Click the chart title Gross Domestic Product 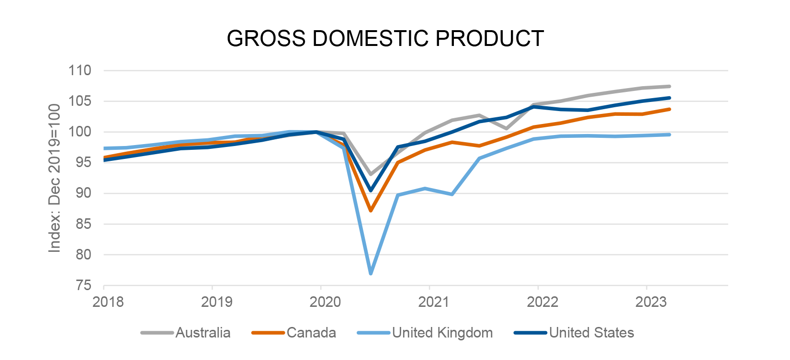coord(385,38)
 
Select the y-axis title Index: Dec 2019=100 coord(55,178)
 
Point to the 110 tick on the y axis coord(79,70)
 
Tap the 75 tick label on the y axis coord(83,285)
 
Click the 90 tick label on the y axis coord(83,193)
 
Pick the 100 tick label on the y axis coord(79,132)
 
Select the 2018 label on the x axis coord(108,302)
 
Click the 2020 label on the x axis coord(325,302)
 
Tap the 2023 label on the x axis coord(651,302)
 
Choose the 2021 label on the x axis coord(434,302)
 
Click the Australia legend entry coord(186,333)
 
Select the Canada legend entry coord(294,333)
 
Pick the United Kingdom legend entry coord(425,333)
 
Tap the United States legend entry coord(574,333)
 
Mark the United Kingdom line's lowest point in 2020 coord(371,273)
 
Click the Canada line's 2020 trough coord(371,211)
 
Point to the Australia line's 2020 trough coord(371,174)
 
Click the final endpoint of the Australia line coord(669,87)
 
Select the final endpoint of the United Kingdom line coord(669,135)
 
